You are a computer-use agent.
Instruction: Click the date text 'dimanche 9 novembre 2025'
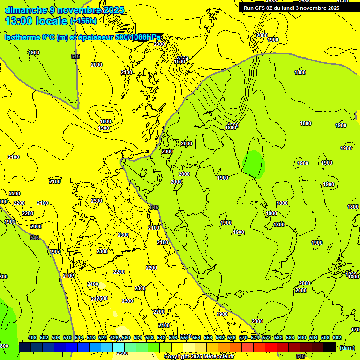[x=64, y=10]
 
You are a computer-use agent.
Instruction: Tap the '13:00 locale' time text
[x=36, y=21]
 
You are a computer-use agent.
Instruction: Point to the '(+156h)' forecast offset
[x=83, y=21]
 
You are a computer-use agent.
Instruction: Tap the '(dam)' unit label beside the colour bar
[x=347, y=348]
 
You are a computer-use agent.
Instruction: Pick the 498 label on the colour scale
[x=32, y=337]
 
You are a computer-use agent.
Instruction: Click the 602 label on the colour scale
[x=337, y=337]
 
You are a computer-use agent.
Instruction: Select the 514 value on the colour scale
[x=79, y=337]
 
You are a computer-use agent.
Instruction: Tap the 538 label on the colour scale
[x=150, y=337]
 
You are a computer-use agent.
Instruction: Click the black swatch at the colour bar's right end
[x=329, y=347]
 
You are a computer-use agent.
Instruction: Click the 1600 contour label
[x=180, y=61]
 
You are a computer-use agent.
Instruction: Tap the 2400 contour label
[x=93, y=284]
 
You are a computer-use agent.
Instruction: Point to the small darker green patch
[x=254, y=164]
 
